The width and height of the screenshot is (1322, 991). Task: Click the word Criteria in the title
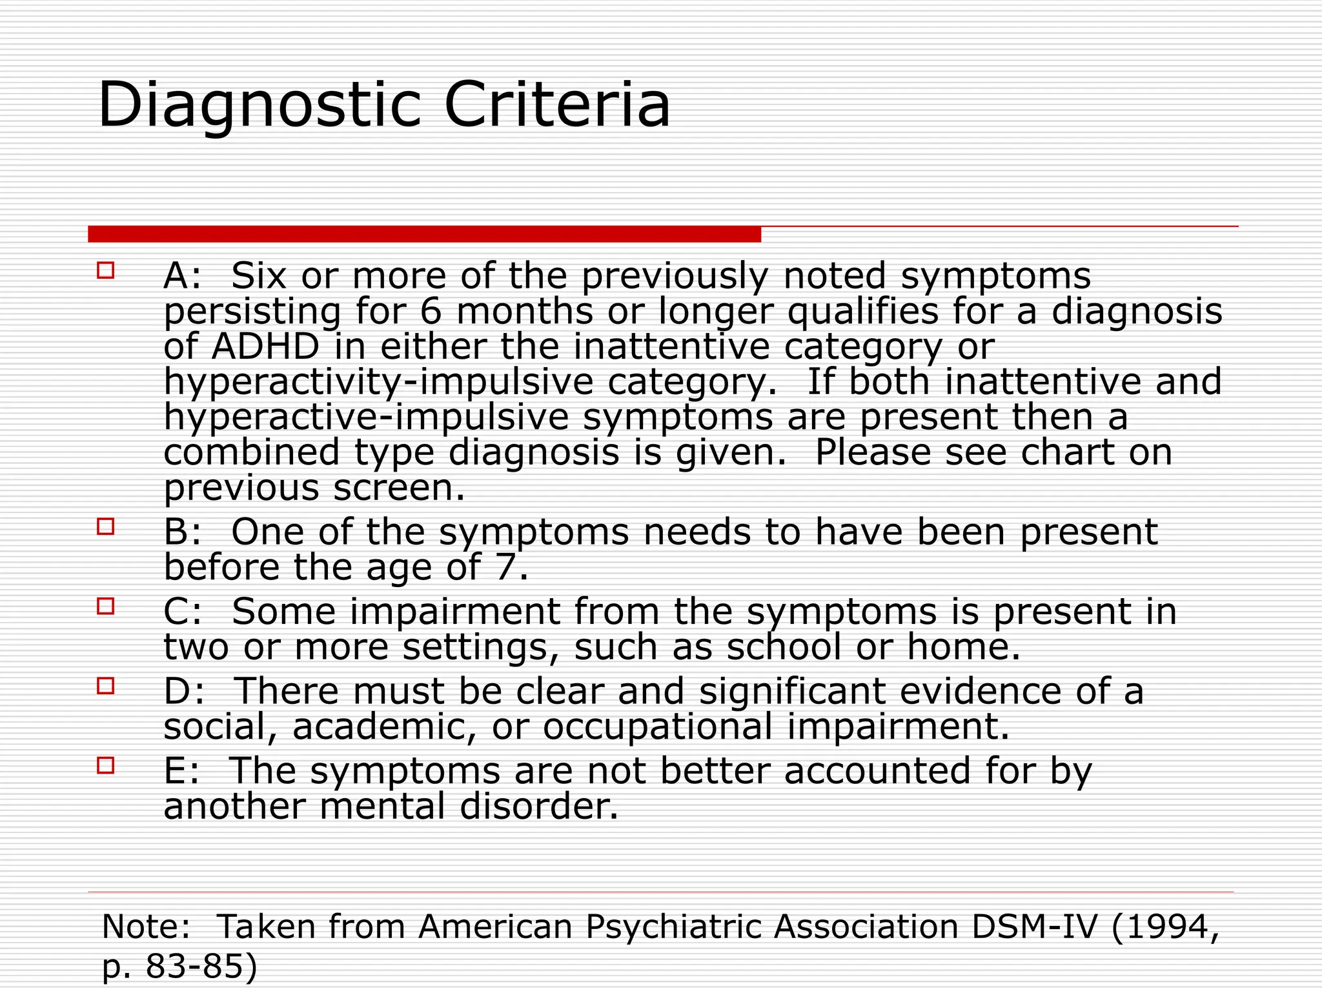557,105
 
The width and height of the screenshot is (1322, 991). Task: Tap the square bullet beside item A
106,270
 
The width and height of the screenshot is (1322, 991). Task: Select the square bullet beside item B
106,526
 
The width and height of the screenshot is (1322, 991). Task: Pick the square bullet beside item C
106,606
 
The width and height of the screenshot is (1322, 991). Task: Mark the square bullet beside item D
106,685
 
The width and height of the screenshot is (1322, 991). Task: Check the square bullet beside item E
106,765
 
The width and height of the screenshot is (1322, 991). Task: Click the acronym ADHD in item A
265,346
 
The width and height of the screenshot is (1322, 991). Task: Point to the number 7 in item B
506,568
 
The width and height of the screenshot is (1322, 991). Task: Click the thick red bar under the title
424,234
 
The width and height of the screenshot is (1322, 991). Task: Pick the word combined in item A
251,452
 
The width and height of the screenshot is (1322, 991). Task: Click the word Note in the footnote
143,926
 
